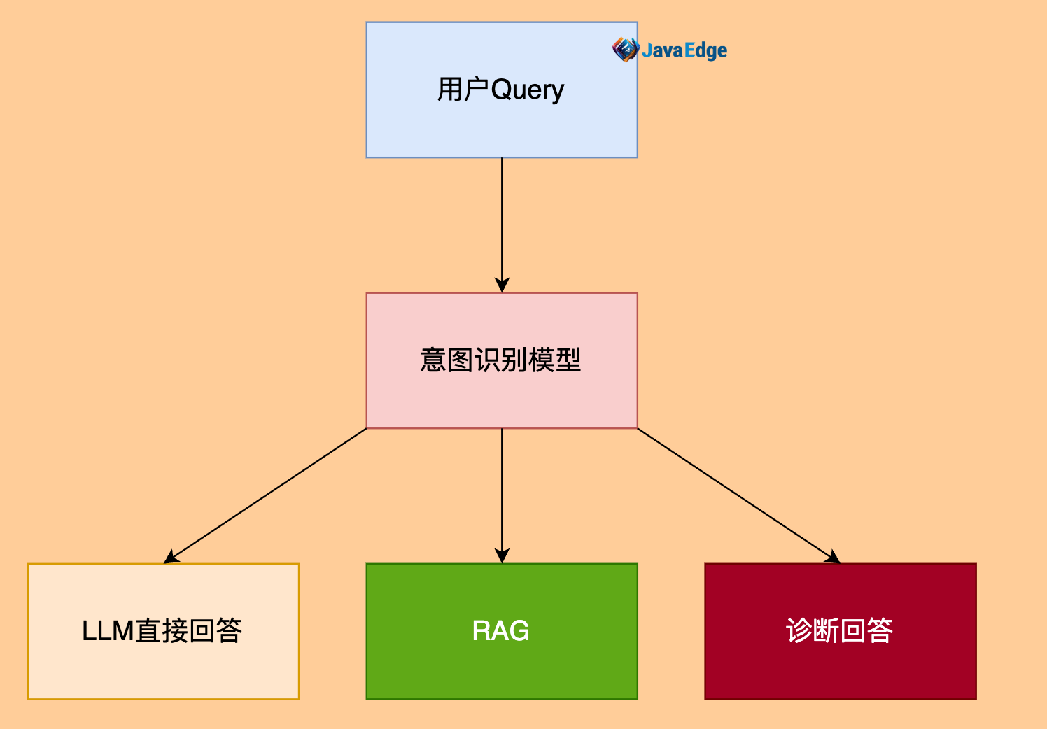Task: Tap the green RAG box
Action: tap(501, 665)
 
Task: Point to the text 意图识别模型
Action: tap(501, 360)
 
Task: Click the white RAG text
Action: tap(501, 631)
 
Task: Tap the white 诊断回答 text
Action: tap(840, 631)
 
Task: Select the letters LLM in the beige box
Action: tap(108, 631)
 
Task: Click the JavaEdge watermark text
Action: tap(684, 50)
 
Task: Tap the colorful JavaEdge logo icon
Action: tap(624, 49)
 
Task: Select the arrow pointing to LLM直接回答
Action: tap(266, 495)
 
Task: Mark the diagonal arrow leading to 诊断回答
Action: tap(738, 495)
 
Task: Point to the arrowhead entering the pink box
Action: tap(502, 285)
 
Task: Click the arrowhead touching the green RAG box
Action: tap(502, 556)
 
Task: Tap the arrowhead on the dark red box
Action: tap(832, 558)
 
